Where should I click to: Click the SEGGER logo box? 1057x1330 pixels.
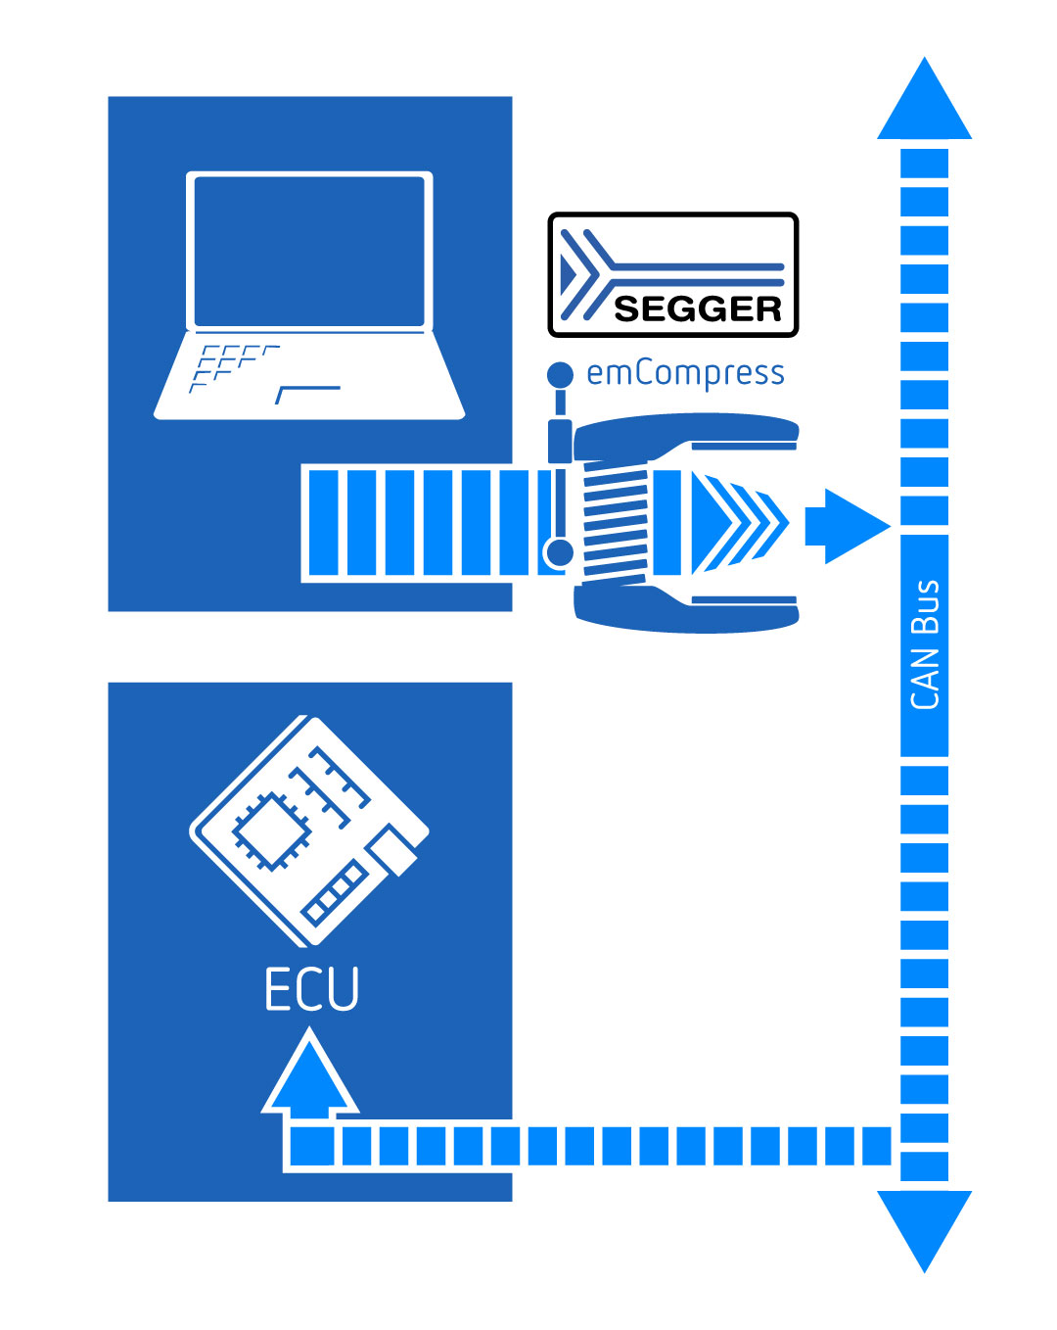tap(673, 275)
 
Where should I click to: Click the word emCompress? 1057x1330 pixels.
tap(685, 373)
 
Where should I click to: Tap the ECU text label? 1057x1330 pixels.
tap(312, 989)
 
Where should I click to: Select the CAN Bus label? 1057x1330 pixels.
tap(925, 644)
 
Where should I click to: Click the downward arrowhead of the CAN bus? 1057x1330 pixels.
tap(924, 1226)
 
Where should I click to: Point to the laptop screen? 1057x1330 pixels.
tap(309, 251)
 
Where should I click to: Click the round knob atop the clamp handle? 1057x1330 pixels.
tap(560, 374)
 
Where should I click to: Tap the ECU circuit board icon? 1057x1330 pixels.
tap(309, 831)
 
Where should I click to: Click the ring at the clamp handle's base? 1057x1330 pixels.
tap(559, 553)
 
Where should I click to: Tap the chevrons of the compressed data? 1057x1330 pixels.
tap(739, 523)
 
